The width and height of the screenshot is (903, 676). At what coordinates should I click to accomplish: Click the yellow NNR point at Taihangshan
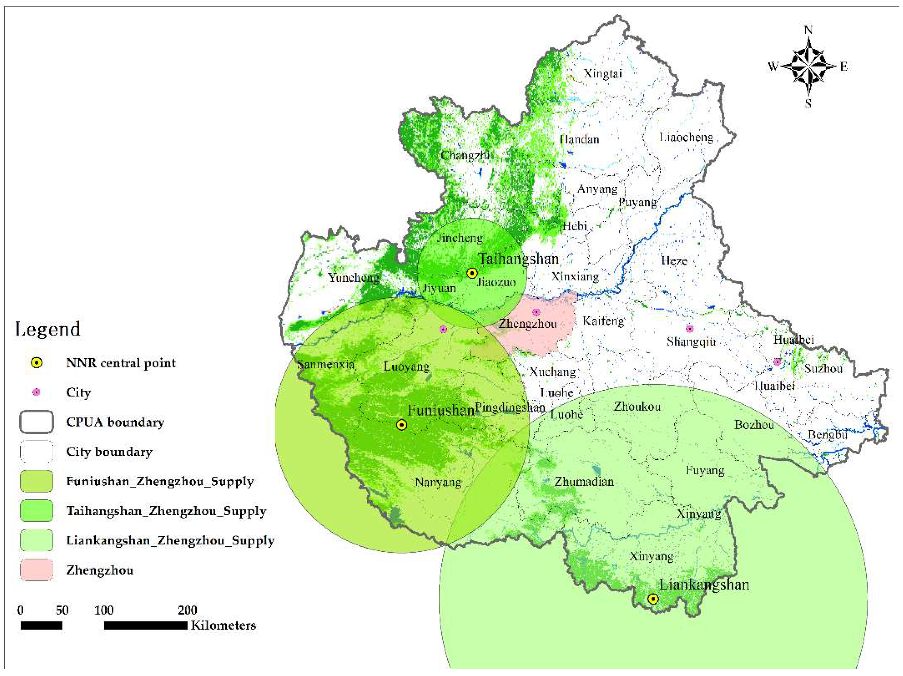(472, 273)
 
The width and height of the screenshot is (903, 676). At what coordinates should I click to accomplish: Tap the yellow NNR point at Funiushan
(402, 425)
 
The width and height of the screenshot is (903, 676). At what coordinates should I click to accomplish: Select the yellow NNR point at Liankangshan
(653, 599)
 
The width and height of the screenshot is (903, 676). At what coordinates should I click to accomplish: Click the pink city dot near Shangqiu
(689, 329)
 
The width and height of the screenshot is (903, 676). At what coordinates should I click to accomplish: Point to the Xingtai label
(603, 74)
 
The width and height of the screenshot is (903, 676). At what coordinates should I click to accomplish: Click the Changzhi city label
(465, 155)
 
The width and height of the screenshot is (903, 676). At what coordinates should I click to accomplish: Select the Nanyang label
(438, 483)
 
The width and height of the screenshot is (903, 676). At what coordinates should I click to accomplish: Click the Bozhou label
(754, 425)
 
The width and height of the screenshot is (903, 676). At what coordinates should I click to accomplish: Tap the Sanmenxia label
(326, 364)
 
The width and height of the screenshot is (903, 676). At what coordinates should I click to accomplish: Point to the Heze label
(674, 261)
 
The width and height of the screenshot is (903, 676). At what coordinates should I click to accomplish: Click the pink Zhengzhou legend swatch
(36, 570)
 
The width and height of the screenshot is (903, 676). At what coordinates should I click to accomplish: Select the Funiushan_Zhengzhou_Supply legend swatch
(36, 481)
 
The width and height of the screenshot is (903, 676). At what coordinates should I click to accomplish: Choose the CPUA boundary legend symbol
(36, 422)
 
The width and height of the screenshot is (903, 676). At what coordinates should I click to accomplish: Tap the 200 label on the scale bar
(188, 610)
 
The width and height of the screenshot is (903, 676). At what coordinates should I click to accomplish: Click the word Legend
(48, 329)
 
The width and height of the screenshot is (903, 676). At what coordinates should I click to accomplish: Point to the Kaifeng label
(603, 321)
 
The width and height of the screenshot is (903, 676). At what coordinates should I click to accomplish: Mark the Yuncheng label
(354, 278)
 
